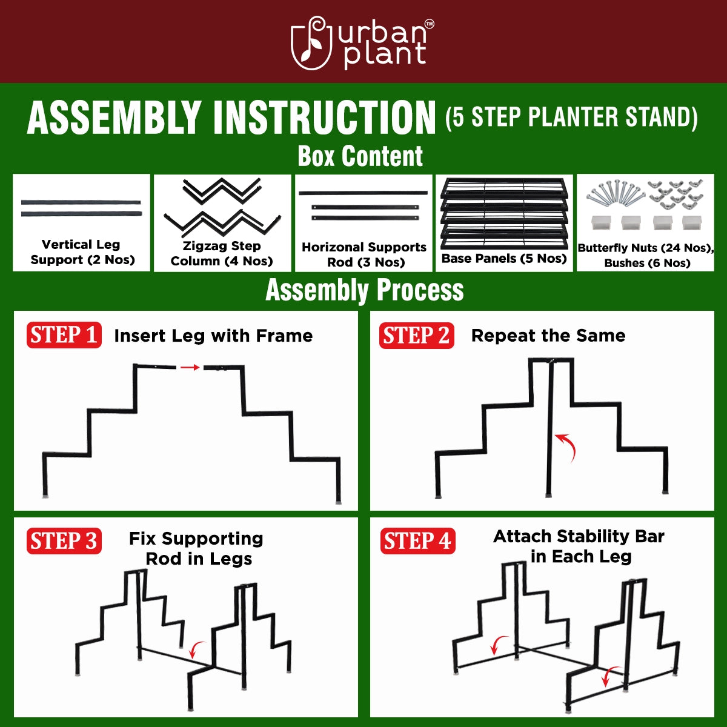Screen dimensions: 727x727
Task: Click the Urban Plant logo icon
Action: pos(311,43)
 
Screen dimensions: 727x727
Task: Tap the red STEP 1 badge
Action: pos(64,335)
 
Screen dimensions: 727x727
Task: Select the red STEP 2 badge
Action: pos(417,336)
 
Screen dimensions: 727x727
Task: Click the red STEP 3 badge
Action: pos(64,541)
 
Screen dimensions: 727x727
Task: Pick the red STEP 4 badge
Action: pos(417,541)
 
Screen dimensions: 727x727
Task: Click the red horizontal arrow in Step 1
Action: pos(190,367)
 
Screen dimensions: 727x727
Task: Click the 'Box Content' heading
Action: pos(360,156)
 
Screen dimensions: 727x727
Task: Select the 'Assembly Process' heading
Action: pos(364,290)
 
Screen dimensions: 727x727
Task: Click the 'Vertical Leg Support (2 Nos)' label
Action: pos(82,252)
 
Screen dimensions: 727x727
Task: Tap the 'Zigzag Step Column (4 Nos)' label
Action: pos(222,253)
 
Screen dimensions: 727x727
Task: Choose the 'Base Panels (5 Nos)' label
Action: pos(504,259)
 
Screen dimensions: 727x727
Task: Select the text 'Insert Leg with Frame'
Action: pos(213,336)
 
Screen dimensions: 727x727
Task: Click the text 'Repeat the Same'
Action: pos(548,336)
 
